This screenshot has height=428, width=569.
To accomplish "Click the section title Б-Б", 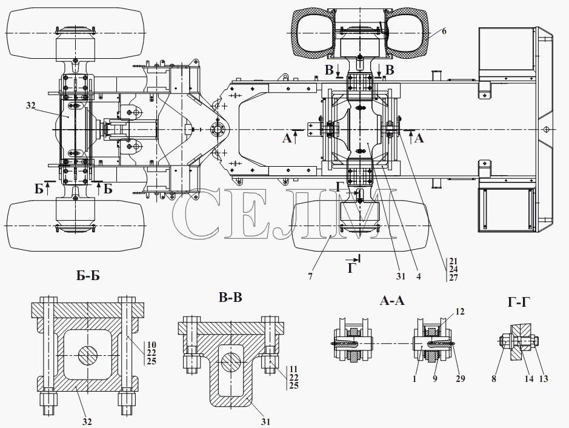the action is pos(88,276).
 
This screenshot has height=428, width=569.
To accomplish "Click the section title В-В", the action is pos(230,297).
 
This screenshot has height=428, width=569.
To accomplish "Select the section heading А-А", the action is pos(392,301).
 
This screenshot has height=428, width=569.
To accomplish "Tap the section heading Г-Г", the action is pos(519,302).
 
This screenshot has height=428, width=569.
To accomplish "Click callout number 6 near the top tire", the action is pos(444,31).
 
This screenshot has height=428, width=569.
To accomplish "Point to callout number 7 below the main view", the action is pos(310,276).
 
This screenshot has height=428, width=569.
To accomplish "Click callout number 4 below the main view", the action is pos(418,276).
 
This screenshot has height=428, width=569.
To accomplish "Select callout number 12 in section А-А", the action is pos(460,312).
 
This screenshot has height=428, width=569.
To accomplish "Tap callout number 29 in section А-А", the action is pos(461,379).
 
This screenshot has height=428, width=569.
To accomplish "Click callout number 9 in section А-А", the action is pos(434,379).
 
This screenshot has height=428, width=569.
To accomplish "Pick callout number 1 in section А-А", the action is pos(414,379).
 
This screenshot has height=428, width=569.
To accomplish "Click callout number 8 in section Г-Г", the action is pos(494,379).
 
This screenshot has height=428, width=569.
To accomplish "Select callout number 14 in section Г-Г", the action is pos(529,379).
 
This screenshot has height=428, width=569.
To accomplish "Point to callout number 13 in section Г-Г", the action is pos(544,379).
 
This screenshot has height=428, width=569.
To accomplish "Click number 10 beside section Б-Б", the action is pos(151,344).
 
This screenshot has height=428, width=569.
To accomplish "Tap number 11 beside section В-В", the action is pos(294,369).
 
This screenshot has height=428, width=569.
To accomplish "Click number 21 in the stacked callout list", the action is pos(453,261).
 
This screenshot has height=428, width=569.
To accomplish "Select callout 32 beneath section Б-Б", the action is pos(87,421).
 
